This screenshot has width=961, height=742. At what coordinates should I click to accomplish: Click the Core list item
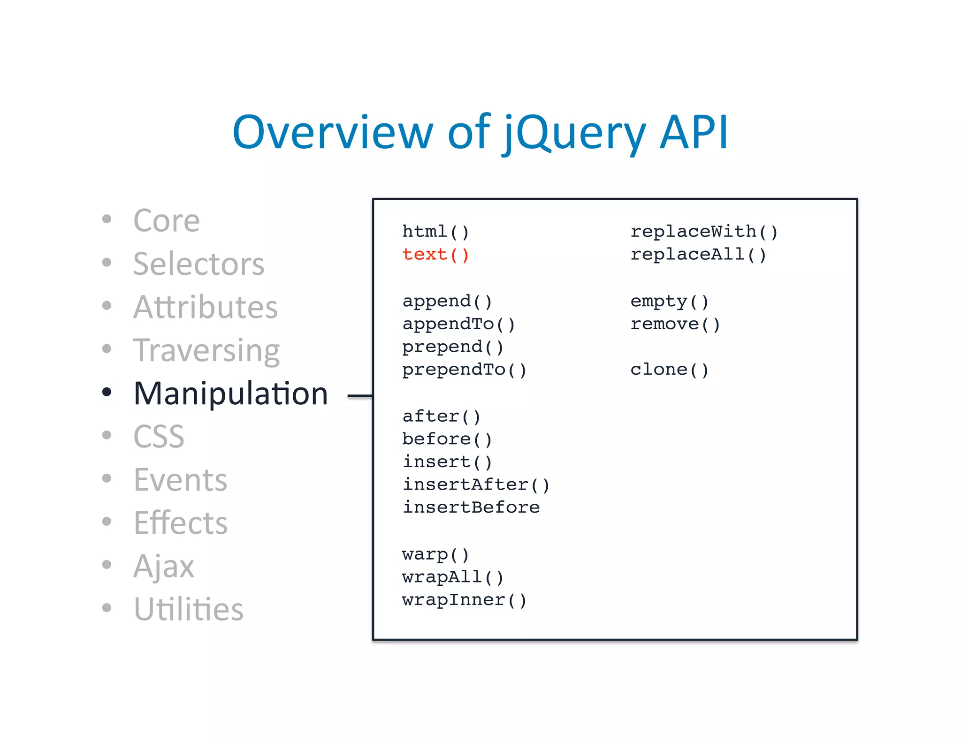167,220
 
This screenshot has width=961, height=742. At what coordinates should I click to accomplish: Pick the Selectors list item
198,264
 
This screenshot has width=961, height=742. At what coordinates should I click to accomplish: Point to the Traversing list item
206,350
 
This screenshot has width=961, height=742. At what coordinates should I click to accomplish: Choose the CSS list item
159,437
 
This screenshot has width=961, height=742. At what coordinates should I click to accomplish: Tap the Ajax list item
163,566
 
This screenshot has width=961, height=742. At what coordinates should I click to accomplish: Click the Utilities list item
188,609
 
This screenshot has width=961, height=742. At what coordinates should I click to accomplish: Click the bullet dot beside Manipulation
107,392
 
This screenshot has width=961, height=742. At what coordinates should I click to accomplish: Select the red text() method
435,255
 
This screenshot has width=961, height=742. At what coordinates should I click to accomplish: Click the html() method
435,232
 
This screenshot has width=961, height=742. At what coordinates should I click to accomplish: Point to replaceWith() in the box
704,232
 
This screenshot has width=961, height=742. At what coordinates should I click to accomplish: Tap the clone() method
669,370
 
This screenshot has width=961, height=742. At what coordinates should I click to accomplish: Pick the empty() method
669,301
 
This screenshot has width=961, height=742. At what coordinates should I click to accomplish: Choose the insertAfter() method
476,485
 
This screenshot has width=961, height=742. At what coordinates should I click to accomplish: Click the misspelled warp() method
435,554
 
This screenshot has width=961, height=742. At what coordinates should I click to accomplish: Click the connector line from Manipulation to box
360,396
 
